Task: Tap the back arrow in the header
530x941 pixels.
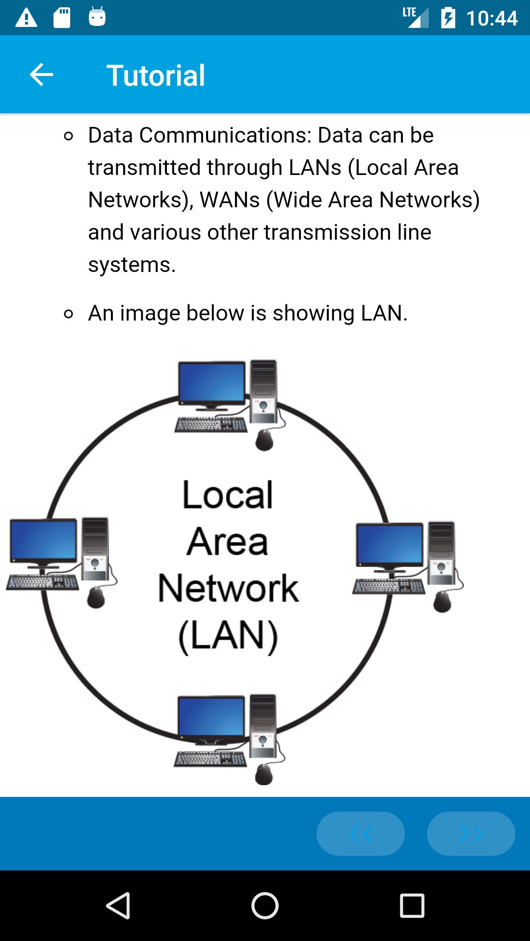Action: coord(41,75)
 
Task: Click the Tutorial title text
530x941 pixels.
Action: coord(156,76)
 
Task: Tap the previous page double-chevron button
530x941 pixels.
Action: coord(361,833)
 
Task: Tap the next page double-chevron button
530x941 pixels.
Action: coord(471,833)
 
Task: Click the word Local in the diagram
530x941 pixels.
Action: coord(227,495)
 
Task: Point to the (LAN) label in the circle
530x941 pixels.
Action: coord(228,636)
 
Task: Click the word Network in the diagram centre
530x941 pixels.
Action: coord(228,589)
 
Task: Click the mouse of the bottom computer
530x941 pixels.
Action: coord(264,774)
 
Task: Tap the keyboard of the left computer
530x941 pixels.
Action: coord(43,582)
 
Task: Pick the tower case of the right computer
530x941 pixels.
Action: coord(441,553)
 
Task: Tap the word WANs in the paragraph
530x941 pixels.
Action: coord(230,200)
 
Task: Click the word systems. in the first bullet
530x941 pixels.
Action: coord(132,265)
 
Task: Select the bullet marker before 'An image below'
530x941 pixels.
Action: coord(69,314)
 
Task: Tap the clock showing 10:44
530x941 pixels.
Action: coord(491,19)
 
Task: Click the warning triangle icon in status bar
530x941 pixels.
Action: coord(26,18)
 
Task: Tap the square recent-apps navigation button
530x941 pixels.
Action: coord(412,905)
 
